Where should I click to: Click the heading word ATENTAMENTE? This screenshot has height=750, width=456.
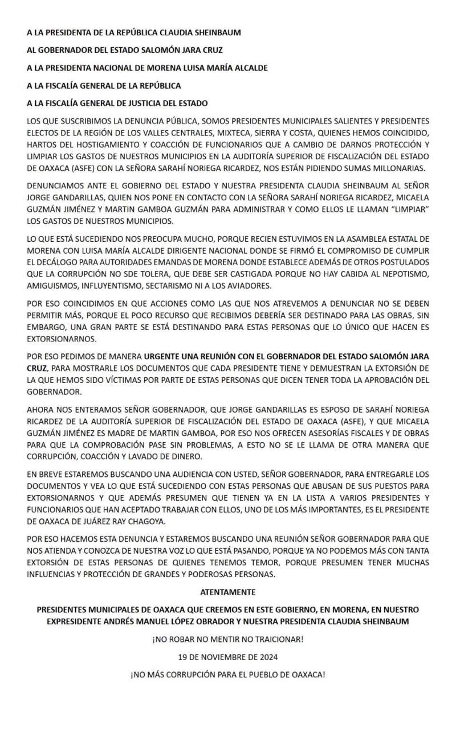coord(228,592)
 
